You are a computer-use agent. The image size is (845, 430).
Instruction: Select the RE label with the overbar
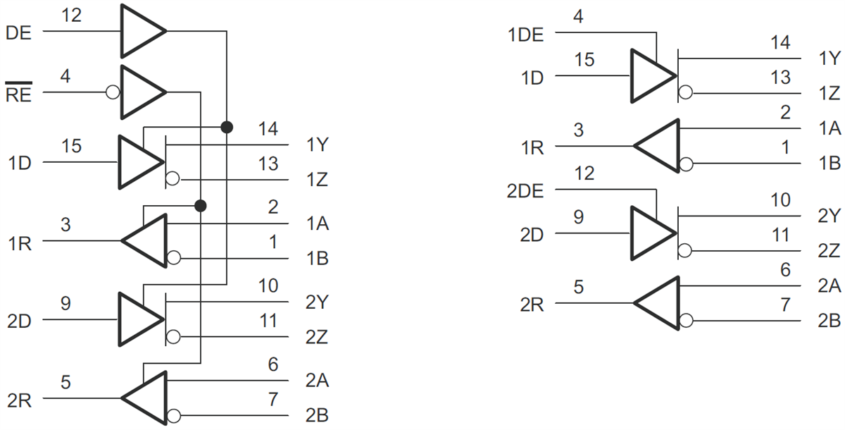click(18, 94)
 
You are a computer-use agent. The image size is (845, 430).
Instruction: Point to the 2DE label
click(525, 191)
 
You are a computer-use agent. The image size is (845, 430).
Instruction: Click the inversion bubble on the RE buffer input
click(111, 92)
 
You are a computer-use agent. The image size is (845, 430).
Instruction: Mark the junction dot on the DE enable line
click(227, 127)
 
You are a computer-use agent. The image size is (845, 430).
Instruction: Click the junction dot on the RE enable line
click(201, 206)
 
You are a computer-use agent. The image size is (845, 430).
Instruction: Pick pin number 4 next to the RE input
click(65, 76)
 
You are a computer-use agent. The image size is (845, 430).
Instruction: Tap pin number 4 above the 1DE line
click(578, 16)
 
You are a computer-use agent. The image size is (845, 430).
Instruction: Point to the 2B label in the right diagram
click(829, 321)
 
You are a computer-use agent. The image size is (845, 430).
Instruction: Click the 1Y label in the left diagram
click(316, 146)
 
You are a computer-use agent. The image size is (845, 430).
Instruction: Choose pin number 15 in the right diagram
click(584, 59)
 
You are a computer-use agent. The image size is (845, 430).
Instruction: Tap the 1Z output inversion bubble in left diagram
click(173, 180)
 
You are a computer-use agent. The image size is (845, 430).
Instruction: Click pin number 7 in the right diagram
click(786, 305)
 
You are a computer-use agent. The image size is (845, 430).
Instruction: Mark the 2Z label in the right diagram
click(829, 250)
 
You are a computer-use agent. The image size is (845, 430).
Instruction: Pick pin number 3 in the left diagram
click(65, 225)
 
